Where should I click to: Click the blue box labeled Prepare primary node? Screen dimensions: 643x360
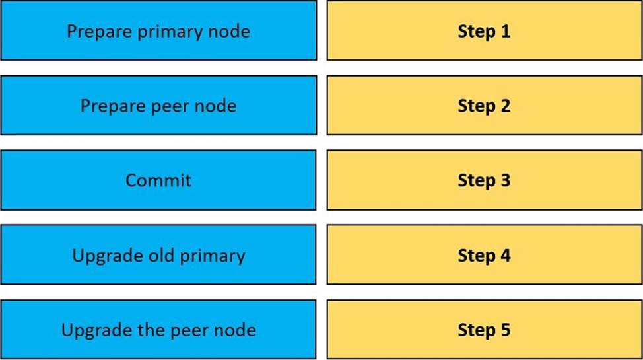click(x=158, y=30)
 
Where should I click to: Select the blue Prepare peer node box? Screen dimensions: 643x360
click(x=158, y=105)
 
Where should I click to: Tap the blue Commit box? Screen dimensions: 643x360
click(x=158, y=180)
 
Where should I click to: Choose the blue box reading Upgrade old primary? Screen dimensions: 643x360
click(x=158, y=254)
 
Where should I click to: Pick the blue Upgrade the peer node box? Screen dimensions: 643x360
click(x=158, y=329)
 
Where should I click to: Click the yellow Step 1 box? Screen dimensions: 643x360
click(x=485, y=30)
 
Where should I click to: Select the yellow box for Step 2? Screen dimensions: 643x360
click(x=485, y=105)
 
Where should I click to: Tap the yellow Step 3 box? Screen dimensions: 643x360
click(x=485, y=180)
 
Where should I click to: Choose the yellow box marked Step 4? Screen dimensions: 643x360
click(x=485, y=254)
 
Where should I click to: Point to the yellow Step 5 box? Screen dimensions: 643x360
click(x=485, y=329)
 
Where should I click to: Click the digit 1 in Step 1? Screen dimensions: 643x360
click(x=506, y=32)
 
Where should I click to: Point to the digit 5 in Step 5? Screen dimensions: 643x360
click(x=506, y=330)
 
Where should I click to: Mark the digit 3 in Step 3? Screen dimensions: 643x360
click(x=506, y=180)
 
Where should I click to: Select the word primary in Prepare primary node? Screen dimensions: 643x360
click(x=170, y=32)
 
